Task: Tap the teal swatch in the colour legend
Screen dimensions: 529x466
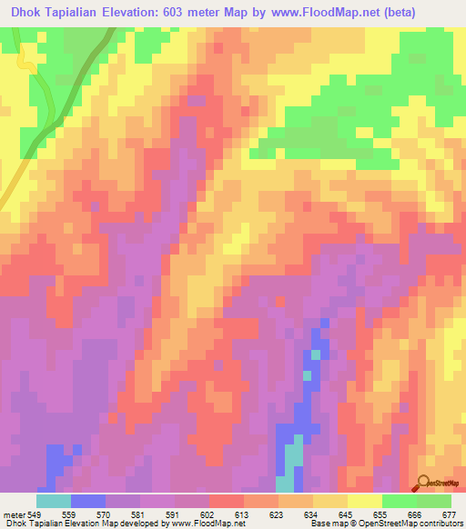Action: pyautogui.click(x=54, y=501)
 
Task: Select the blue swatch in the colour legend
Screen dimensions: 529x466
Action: pyautogui.click(x=88, y=501)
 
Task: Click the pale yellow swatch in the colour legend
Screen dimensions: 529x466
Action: pyautogui.click(x=365, y=501)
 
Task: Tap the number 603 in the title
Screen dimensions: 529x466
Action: pyautogui.click(x=181, y=11)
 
